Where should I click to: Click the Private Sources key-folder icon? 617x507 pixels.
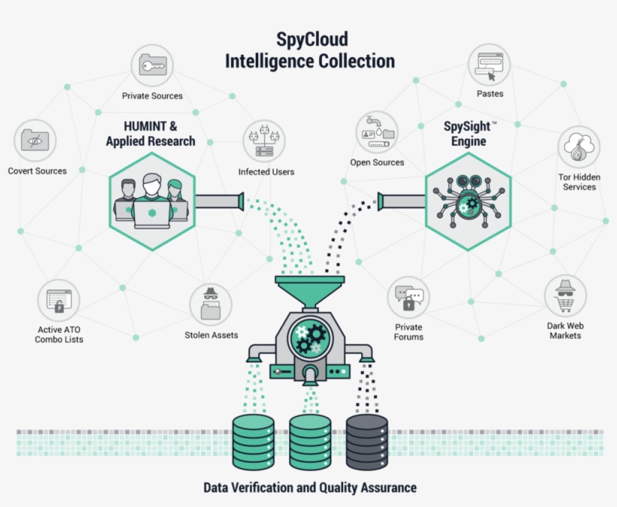[153, 66]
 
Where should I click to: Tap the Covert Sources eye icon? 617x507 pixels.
[35, 140]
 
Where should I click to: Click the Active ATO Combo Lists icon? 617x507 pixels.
[59, 301]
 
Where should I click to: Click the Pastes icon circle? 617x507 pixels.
[489, 65]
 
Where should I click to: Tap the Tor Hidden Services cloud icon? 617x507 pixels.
[579, 147]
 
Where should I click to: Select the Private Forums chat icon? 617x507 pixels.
[409, 298]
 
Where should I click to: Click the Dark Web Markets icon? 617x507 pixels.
[565, 296]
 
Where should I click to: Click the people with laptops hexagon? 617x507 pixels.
[152, 201]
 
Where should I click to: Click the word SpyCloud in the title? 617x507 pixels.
[310, 38]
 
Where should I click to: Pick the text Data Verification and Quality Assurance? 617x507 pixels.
[309, 487]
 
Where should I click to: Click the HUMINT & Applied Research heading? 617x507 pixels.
[150, 134]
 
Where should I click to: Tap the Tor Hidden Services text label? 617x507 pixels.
[579, 181]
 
